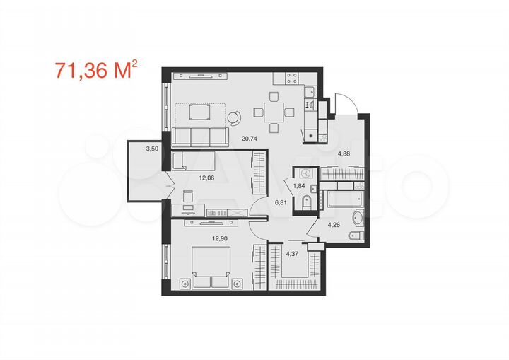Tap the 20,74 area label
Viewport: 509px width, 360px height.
tap(250, 140)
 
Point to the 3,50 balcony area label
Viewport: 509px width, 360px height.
tap(151, 149)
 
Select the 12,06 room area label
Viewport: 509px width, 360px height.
tap(187, 178)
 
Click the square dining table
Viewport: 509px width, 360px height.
tap(272, 110)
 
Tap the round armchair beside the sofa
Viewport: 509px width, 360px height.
tap(235, 120)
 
